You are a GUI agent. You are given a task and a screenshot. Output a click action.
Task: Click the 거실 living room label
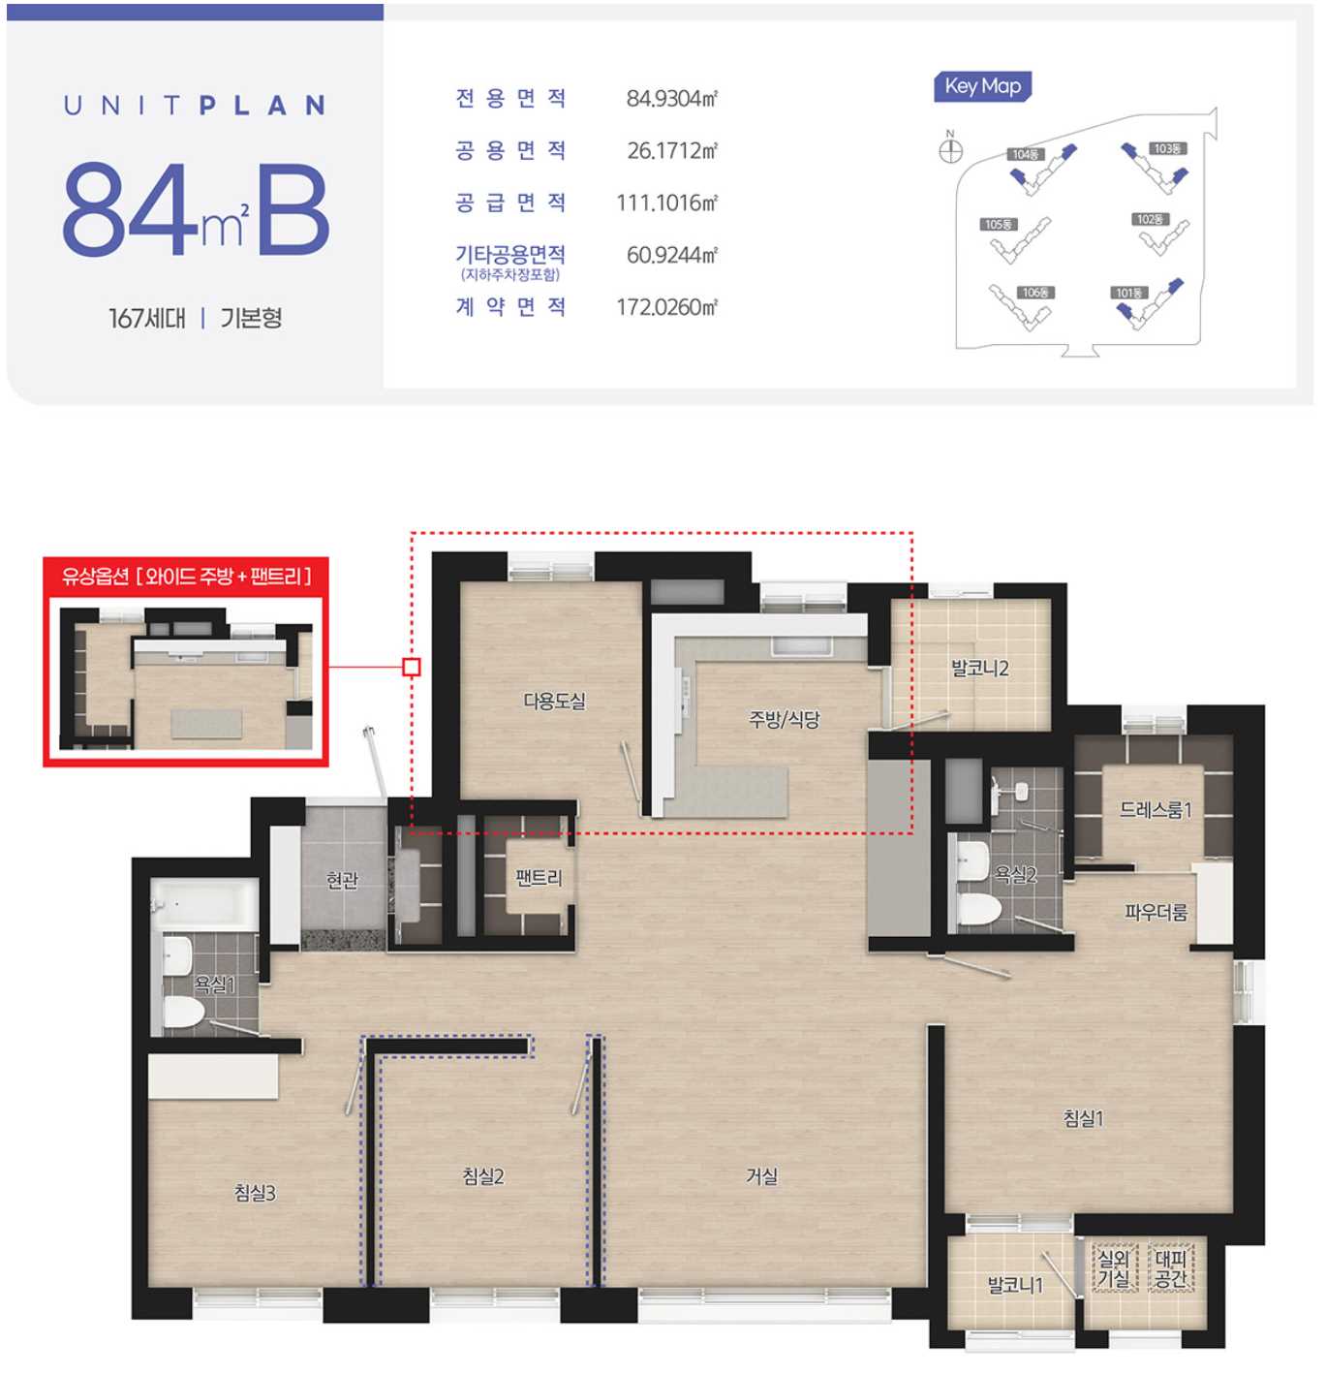(x=761, y=1175)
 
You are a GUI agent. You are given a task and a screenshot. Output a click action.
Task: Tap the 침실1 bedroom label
(x=1082, y=1118)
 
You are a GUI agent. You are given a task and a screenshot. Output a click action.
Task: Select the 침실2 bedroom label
(x=482, y=1175)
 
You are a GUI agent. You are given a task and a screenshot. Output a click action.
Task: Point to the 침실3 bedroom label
(x=255, y=1193)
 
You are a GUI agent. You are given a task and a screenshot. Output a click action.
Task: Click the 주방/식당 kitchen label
(x=784, y=719)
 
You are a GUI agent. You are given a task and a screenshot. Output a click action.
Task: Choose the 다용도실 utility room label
(x=554, y=701)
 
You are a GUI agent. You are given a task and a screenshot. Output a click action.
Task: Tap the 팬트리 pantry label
(x=539, y=878)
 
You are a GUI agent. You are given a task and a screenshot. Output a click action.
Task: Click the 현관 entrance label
(x=342, y=880)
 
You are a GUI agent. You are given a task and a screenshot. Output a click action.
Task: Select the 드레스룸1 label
(x=1155, y=809)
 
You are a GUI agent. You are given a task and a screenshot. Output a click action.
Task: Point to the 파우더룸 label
(x=1155, y=912)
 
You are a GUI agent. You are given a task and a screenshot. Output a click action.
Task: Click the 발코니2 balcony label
(x=979, y=668)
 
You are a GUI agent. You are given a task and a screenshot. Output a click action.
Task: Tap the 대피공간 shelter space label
(x=1171, y=1268)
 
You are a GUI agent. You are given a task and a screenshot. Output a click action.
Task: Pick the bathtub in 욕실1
(x=204, y=904)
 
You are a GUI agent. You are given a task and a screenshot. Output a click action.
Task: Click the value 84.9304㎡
(x=671, y=98)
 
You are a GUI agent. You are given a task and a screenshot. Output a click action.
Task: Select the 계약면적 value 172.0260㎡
(x=666, y=307)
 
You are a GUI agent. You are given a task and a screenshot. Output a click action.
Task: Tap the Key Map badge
(x=982, y=86)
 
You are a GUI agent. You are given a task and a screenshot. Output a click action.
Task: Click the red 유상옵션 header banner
(x=186, y=577)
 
